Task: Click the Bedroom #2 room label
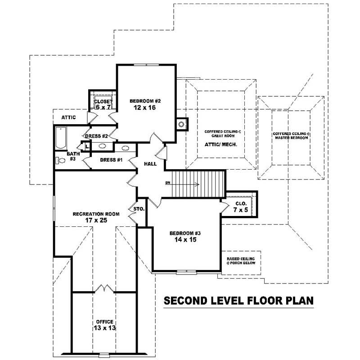145,100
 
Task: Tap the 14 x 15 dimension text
184,240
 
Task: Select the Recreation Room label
96,214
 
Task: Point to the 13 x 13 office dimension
104,328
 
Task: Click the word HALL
150,164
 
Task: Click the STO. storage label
138,209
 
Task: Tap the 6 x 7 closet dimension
103,107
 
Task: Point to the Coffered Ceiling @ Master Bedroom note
290,136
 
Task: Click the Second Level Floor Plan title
238,300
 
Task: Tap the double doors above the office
104,288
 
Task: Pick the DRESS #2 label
96,136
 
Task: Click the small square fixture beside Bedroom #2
181,124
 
